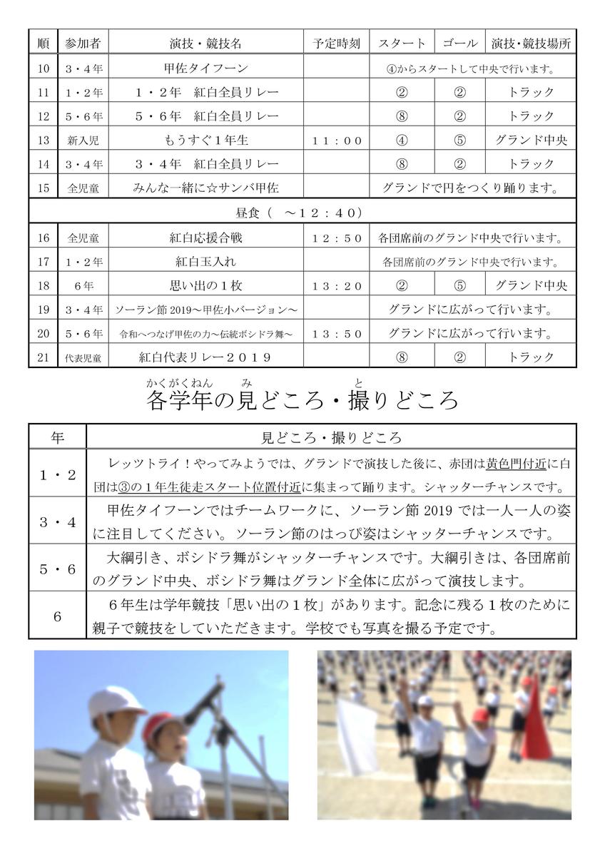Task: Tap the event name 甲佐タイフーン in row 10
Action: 205,68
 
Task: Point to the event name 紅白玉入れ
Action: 205,262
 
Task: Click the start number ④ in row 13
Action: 402,141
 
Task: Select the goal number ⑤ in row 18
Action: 459,286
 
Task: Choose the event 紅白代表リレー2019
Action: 205,357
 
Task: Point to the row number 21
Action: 44,357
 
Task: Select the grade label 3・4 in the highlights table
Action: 57,521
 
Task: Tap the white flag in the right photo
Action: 357,735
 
